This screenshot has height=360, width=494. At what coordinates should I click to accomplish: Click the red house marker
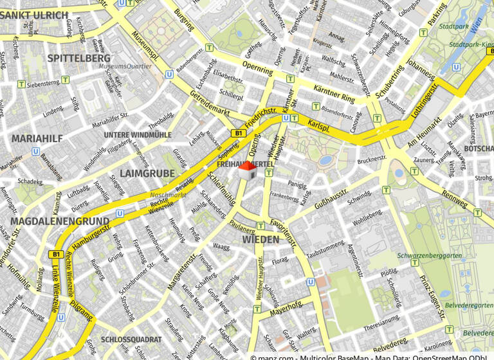pos(248,170)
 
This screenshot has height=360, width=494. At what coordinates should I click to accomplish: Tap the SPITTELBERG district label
pos(78,59)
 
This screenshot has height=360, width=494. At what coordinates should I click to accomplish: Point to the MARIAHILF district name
pos(35,138)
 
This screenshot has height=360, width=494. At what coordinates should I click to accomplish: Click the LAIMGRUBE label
pos(147,174)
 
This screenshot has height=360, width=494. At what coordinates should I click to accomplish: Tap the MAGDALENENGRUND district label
pos(59,221)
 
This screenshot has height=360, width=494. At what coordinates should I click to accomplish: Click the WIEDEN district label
pos(261,240)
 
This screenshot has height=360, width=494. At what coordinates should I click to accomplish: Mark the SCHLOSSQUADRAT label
pos(131,339)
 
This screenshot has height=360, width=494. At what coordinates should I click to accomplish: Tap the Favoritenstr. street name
pos(283,233)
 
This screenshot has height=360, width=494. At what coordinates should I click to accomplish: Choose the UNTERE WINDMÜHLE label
pos(138,135)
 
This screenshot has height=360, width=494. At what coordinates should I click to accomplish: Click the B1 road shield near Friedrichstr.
pos(239,133)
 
